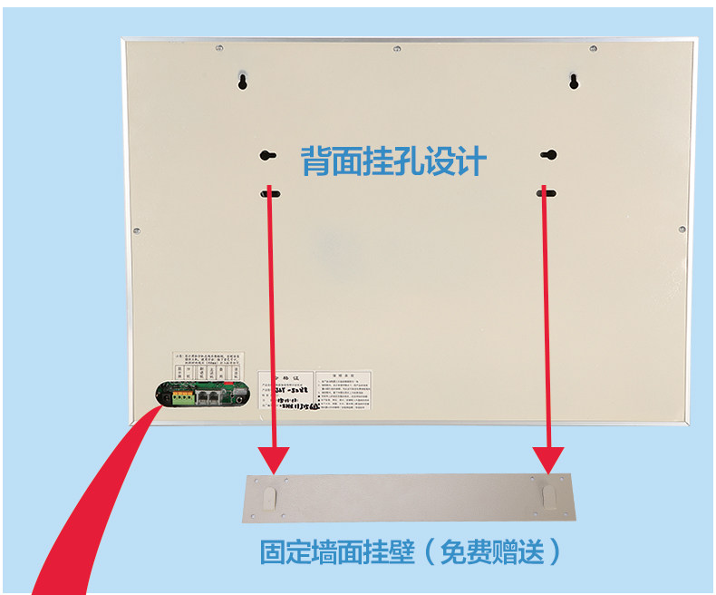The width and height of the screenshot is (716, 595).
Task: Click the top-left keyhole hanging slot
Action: [243, 82]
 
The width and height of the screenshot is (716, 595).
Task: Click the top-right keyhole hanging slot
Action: [573, 82]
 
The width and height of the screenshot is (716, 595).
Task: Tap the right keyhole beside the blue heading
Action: [548, 155]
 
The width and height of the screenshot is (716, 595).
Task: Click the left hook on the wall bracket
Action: [269, 495]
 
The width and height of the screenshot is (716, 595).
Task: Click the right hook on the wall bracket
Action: [548, 495]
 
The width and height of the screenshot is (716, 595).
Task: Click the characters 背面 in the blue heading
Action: [323, 162]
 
